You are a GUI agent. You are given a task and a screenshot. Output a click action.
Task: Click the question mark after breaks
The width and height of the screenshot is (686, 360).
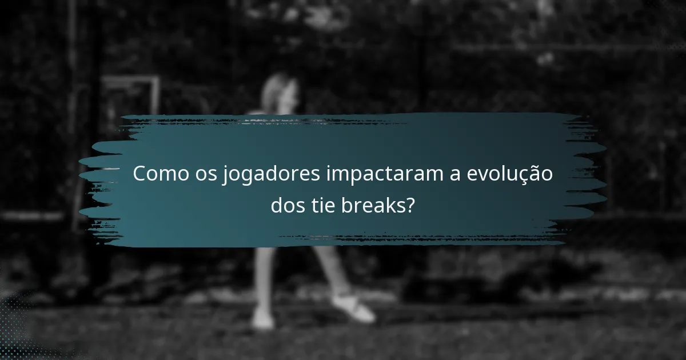click(409, 204)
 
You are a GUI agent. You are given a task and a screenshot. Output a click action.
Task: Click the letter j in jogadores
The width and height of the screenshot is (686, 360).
click(226, 175)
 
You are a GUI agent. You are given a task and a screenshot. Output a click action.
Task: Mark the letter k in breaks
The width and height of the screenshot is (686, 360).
click(390, 204)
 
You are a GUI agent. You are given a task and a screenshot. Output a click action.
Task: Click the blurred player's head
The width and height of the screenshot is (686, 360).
click(280, 91)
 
